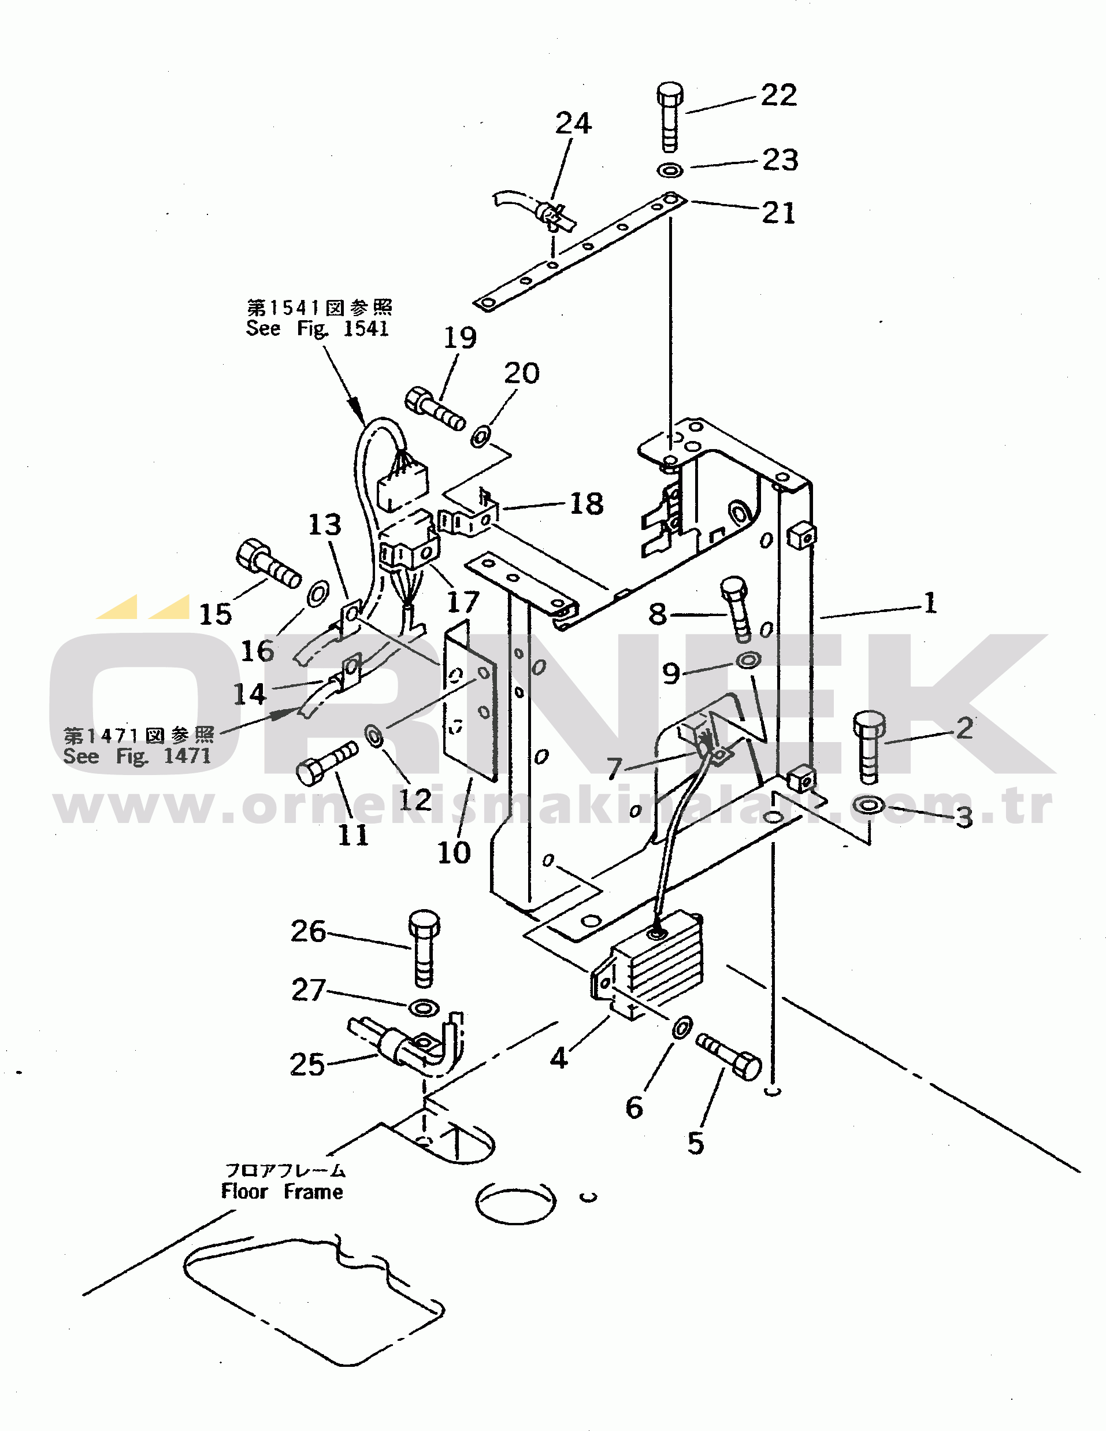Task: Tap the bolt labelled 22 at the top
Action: tap(669, 117)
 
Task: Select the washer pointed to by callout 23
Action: tap(670, 170)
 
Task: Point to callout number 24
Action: tap(573, 123)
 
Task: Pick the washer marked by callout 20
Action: tap(481, 436)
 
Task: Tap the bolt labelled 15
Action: tap(268, 563)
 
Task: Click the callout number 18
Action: tap(587, 504)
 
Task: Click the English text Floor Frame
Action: tap(282, 1192)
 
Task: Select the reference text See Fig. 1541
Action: tap(318, 328)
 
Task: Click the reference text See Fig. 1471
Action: tap(137, 756)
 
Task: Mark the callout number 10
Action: tap(454, 853)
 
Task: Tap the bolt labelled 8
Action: tap(736, 609)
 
